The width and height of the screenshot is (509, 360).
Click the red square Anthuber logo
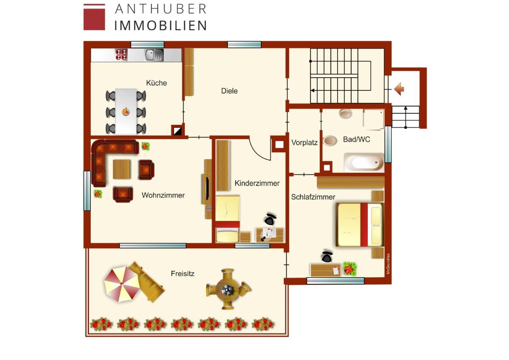coord(94,17)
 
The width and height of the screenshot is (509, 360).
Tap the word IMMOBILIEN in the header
coord(160,25)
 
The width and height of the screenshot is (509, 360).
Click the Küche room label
coord(157,83)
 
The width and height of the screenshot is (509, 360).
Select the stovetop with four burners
coord(122,54)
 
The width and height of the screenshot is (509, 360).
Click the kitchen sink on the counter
coord(154,55)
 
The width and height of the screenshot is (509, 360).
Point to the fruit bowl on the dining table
coord(126,112)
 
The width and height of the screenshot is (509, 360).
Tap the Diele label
coord(229,91)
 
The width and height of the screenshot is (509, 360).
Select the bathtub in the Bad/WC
coord(364,163)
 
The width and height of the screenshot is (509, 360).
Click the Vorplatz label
coord(305,143)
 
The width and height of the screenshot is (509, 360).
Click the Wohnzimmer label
coord(163,195)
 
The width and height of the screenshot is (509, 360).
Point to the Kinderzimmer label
coord(257,183)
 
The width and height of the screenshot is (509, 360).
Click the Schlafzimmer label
coord(313,197)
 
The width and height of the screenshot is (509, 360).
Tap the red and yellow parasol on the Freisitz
coord(121,284)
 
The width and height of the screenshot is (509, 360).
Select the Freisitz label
coord(183,274)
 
